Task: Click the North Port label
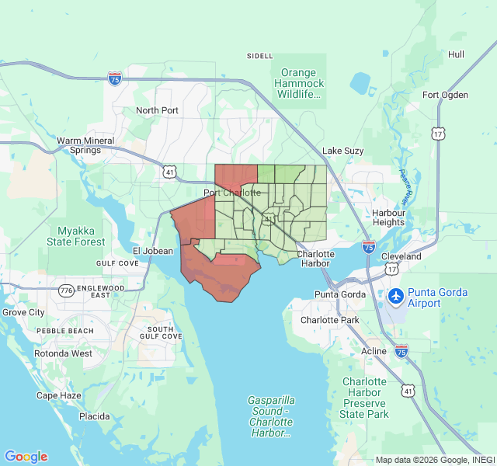[x=157, y=110]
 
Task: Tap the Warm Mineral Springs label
[x=85, y=146]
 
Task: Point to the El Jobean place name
[x=153, y=251]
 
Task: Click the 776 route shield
[x=66, y=290]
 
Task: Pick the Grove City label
[x=23, y=312]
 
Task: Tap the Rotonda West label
[x=64, y=353]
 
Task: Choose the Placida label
[x=94, y=416]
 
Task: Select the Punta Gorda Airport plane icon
[x=395, y=296]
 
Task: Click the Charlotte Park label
[x=330, y=320]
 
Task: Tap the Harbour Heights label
[x=388, y=217]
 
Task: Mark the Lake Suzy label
[x=342, y=151]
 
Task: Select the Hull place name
[x=456, y=54]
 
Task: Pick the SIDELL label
[x=260, y=56]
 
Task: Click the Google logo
[x=26, y=457]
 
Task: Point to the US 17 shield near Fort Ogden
[x=440, y=134]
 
